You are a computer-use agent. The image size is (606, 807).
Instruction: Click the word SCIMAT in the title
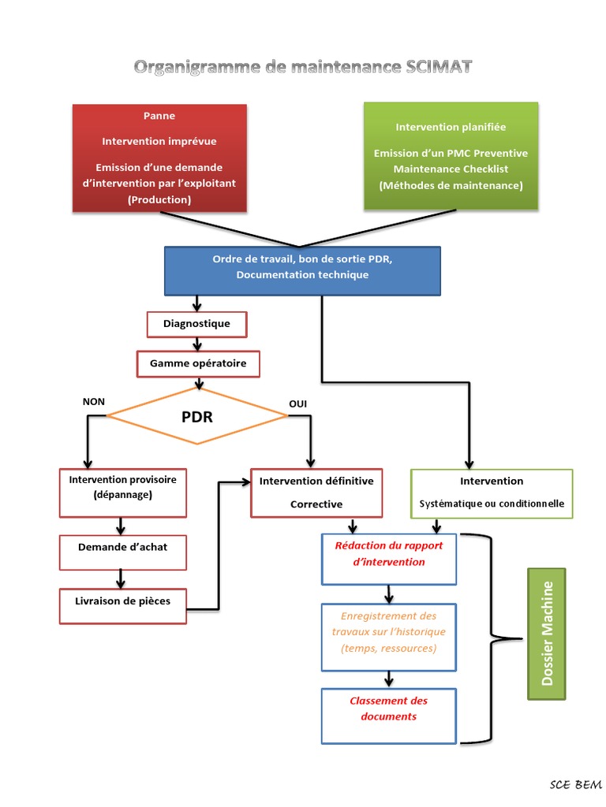pos(437,67)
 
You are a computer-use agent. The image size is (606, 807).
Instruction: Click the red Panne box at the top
pos(159,158)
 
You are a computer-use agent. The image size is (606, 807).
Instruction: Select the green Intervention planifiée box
pos(451,156)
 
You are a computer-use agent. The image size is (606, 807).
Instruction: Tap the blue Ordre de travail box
pos(302,270)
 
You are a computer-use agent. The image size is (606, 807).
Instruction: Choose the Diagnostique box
pos(196,324)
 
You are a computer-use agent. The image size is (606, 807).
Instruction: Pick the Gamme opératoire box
pos(198,364)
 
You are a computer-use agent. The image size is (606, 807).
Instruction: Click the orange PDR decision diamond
pos(197,417)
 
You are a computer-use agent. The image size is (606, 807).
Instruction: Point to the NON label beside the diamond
pos(93,402)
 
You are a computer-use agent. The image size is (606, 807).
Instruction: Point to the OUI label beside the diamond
pos(297,404)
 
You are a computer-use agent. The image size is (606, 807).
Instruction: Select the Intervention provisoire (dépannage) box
pos(122,493)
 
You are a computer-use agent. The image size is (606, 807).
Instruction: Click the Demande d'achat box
pos(122,552)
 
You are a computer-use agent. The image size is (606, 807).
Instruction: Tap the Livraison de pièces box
pos(122,605)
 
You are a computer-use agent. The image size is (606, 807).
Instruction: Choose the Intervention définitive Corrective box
pos(316,493)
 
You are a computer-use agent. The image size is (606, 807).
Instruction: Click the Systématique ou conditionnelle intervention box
pos(492,493)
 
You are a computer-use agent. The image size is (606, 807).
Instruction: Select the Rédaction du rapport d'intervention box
pos(389,559)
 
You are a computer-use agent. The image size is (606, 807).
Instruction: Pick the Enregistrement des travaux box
pos(389,637)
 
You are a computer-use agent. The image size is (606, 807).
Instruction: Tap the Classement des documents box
pos(389,715)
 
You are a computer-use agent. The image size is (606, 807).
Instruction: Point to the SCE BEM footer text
pos(575,785)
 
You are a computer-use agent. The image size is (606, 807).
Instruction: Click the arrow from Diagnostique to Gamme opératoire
pos(196,344)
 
